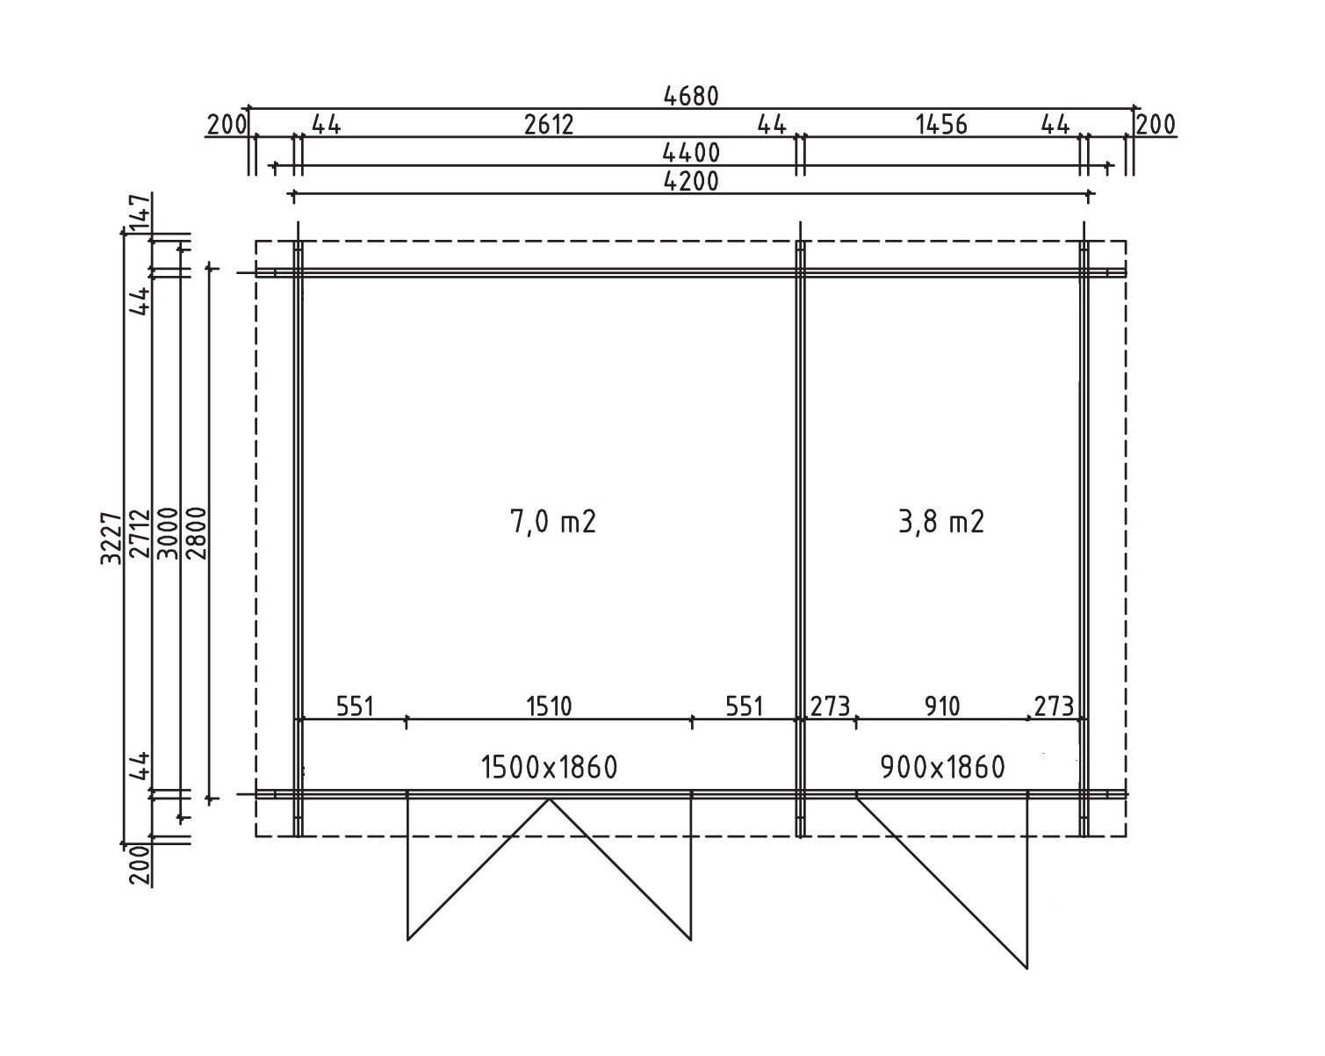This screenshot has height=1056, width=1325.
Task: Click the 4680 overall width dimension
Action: (691, 96)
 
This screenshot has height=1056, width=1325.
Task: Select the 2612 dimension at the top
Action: (549, 125)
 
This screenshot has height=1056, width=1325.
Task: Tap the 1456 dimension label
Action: (941, 125)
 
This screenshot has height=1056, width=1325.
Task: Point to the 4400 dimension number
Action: (691, 153)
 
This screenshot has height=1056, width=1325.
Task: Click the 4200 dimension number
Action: (691, 182)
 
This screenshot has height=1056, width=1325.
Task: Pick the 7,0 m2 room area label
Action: (553, 522)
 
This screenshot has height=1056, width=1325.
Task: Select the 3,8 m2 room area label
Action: (941, 522)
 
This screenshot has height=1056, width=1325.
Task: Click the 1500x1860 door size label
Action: (549, 768)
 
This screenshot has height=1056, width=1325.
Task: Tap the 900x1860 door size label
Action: (943, 768)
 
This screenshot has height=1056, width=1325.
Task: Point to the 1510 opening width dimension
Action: (549, 706)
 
